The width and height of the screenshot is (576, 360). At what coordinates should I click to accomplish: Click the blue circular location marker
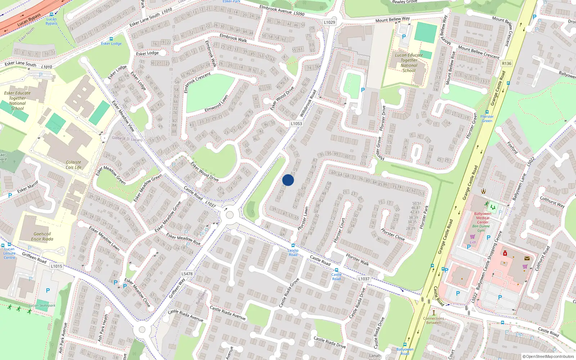point(288,180)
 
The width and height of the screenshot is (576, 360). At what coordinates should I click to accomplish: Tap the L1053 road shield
point(296,123)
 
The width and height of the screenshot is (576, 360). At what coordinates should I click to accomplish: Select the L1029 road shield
point(329,22)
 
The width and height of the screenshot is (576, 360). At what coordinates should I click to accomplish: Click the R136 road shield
point(507,63)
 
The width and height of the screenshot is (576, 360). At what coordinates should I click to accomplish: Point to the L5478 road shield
point(187,274)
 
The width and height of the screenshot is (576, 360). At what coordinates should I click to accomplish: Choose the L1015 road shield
point(57,266)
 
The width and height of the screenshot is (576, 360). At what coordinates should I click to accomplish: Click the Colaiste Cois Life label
point(73,165)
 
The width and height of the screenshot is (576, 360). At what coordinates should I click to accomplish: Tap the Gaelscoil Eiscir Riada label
point(42,237)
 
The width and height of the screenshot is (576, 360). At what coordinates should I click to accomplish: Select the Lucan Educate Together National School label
point(409,63)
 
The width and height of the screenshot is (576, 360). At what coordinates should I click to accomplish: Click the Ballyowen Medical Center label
point(483,217)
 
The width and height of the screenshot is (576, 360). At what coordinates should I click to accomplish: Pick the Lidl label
point(473,242)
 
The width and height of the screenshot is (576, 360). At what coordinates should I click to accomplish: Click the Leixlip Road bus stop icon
point(293,246)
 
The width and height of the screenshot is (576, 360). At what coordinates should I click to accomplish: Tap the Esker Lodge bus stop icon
point(111,39)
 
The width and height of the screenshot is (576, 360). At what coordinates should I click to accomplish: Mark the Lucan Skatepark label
point(42,305)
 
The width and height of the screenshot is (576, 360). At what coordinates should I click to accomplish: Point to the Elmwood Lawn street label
point(216,103)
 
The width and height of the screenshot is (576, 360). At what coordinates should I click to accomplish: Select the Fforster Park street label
point(424,217)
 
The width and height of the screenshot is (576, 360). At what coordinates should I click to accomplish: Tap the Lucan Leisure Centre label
point(9,253)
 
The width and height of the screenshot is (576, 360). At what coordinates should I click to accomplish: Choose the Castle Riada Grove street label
point(289,293)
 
